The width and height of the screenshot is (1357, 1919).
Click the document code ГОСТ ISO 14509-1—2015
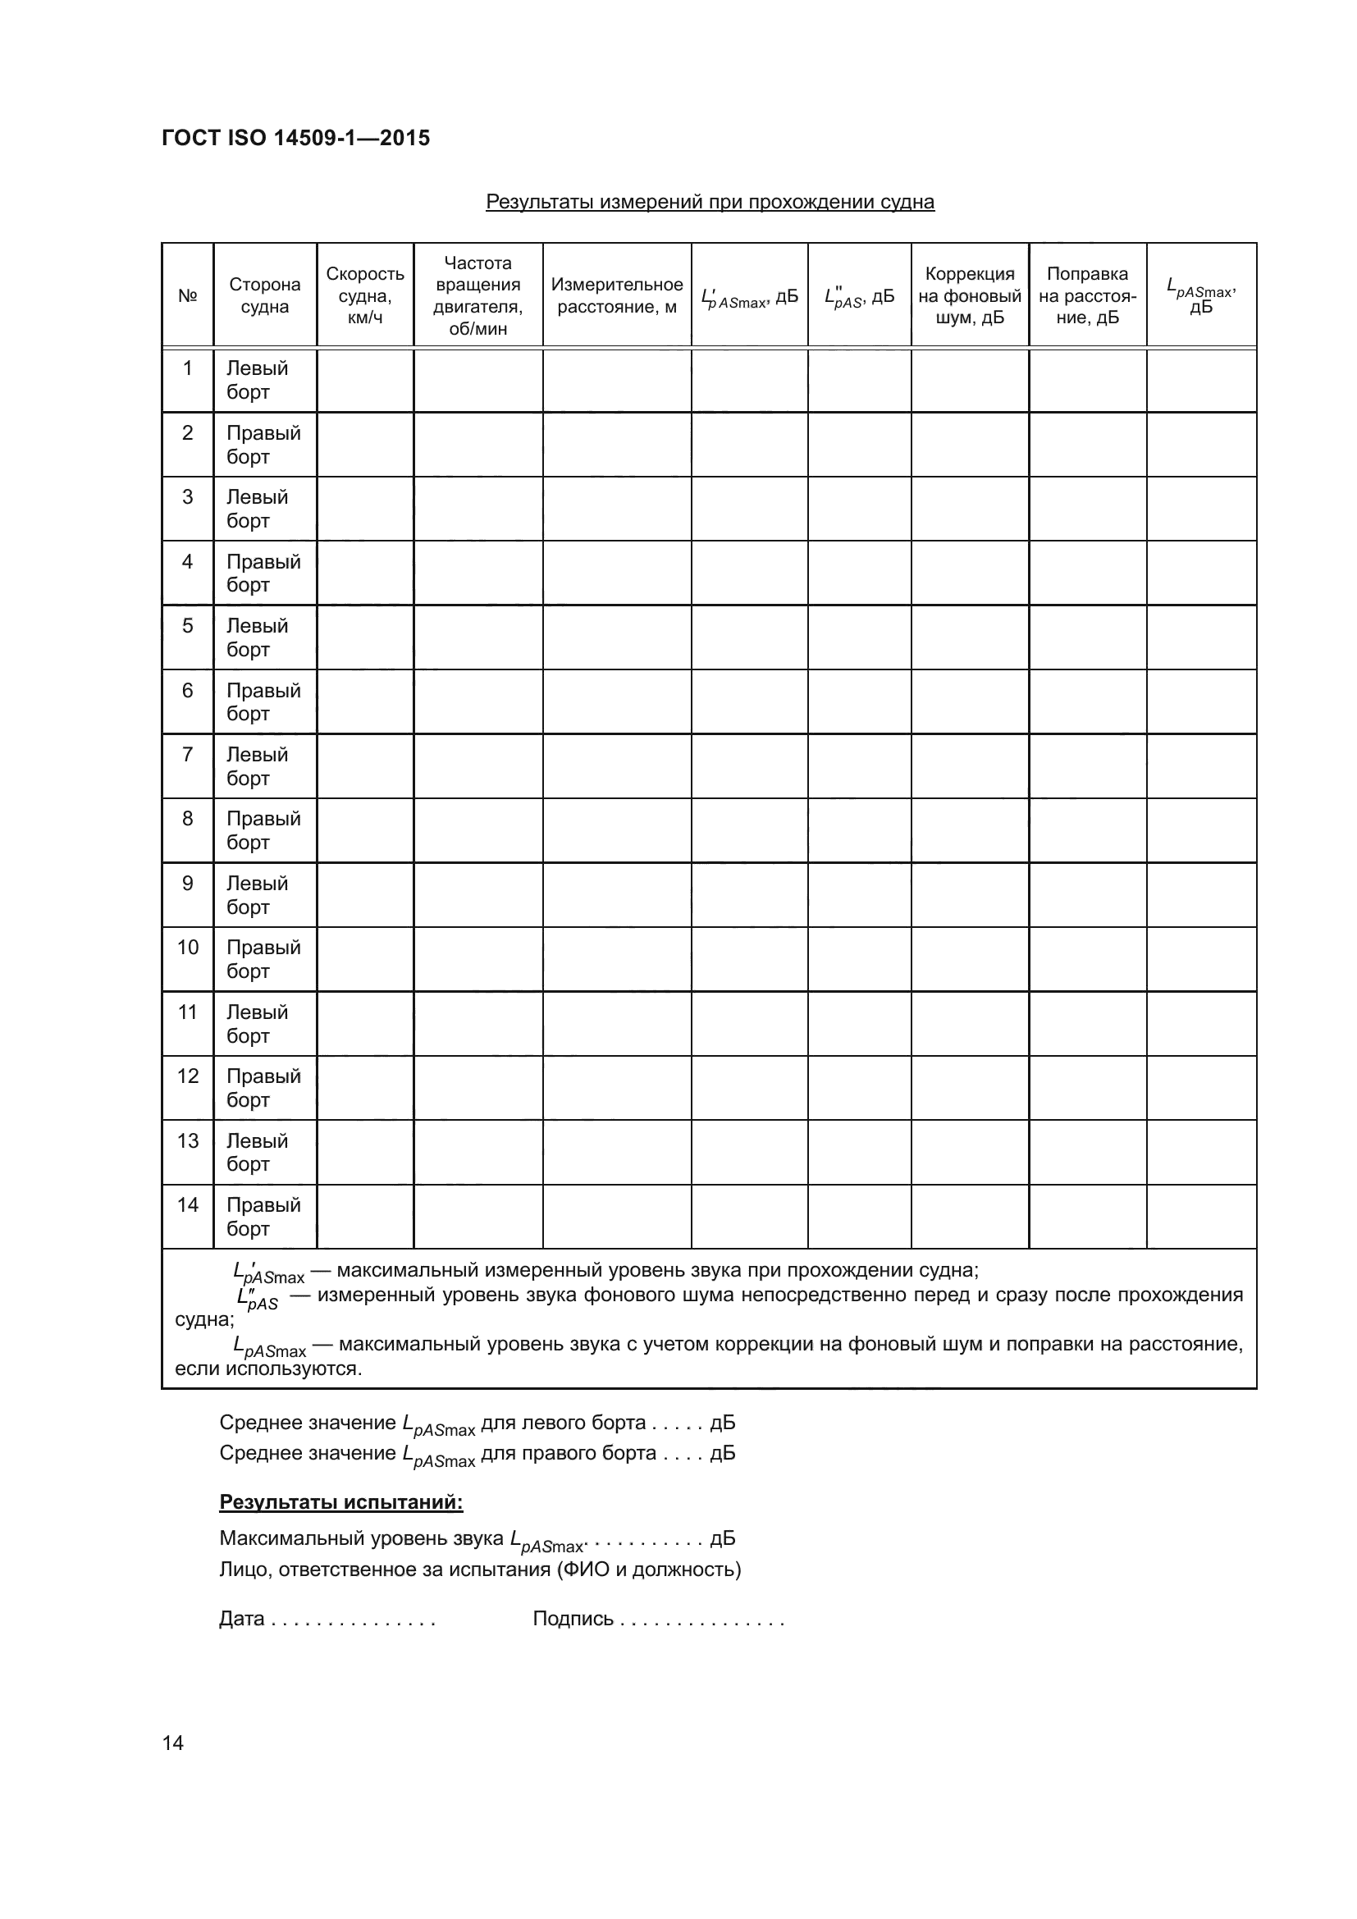(x=296, y=138)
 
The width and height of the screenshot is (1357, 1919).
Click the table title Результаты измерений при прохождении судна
(x=710, y=203)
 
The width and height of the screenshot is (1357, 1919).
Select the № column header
(x=187, y=296)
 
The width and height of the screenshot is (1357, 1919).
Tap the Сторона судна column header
(x=265, y=296)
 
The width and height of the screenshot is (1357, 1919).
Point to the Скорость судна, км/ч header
(x=365, y=296)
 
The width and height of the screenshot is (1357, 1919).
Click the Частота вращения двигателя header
(x=478, y=296)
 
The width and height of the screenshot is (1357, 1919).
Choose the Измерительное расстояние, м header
(x=617, y=296)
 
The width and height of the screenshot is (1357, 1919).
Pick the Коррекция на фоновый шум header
(x=969, y=296)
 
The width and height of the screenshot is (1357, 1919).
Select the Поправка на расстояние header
(x=1087, y=296)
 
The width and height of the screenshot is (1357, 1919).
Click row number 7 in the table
(x=187, y=755)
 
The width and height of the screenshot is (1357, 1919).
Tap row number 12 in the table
(x=187, y=1076)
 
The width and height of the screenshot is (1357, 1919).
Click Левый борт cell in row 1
(x=258, y=381)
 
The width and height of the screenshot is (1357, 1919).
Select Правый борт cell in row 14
(x=263, y=1217)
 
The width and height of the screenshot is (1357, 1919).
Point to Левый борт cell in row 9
(x=258, y=895)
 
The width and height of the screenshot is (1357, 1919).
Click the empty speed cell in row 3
(x=365, y=509)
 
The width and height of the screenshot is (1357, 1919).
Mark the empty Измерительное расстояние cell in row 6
(x=617, y=702)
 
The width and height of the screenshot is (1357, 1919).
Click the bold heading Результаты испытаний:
(x=341, y=1502)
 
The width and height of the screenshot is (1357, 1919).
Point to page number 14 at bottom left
(x=173, y=1743)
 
